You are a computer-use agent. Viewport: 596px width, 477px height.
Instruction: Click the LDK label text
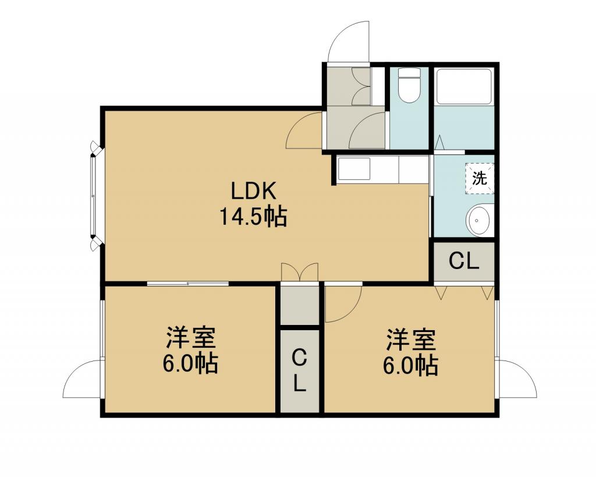point(253,192)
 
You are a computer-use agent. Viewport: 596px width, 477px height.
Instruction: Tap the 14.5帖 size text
point(253,217)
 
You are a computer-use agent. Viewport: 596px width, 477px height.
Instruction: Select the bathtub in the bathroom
point(464,87)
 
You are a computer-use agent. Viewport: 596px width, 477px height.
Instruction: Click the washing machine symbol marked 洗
point(480,178)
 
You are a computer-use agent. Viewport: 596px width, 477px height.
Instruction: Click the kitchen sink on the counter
point(353,168)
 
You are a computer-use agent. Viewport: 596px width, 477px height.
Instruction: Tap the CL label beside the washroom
point(464,262)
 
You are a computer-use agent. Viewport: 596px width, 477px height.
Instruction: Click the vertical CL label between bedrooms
point(300,370)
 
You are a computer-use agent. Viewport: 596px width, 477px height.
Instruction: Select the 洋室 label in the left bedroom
point(191,337)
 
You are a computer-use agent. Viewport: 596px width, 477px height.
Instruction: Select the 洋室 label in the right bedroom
point(411,340)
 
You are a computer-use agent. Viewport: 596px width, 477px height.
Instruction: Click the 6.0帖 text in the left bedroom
point(190,364)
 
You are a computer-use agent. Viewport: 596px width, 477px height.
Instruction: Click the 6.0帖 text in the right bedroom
point(410,366)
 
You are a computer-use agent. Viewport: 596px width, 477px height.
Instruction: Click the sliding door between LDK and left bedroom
point(188,284)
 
